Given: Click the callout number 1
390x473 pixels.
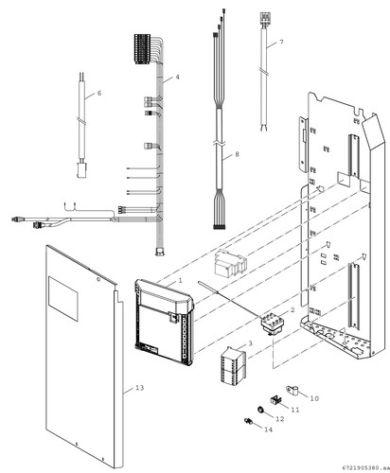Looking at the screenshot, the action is click(x=180, y=280).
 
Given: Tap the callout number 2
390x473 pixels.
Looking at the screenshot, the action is click(x=292, y=310).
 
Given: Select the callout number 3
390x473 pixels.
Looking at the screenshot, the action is click(x=251, y=343).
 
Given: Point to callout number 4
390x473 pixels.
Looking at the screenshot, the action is click(x=178, y=77).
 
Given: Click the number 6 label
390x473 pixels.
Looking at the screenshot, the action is click(x=99, y=94).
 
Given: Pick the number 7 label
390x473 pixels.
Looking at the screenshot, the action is click(x=281, y=43).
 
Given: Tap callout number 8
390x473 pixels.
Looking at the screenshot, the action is click(x=237, y=154).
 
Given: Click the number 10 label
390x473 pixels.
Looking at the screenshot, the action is click(x=314, y=398).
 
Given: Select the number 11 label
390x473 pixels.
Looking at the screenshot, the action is click(x=295, y=410).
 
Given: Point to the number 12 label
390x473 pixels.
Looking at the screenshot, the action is click(x=280, y=419).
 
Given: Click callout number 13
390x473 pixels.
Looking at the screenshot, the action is click(x=139, y=388).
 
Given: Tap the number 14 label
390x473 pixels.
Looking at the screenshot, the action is click(x=268, y=429).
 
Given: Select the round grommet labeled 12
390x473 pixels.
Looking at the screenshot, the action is click(x=260, y=410).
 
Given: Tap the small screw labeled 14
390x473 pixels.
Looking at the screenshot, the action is click(x=248, y=421).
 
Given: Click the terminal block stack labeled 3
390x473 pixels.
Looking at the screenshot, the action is click(x=234, y=364).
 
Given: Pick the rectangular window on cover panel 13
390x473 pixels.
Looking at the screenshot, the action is click(x=62, y=299).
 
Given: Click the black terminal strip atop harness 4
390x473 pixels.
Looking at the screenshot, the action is click(x=142, y=49).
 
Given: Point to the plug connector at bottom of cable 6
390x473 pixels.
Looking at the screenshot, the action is click(x=81, y=169).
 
